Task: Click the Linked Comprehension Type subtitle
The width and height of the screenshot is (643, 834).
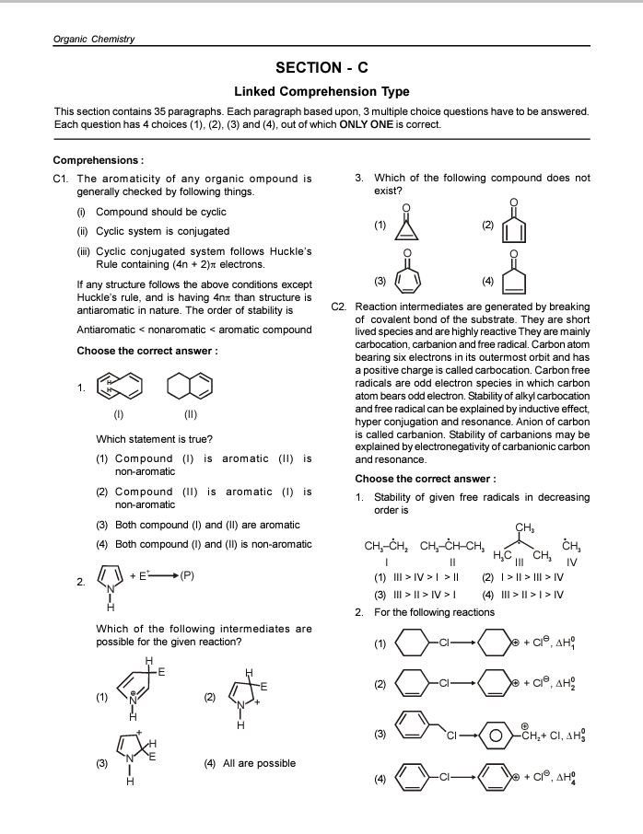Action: click(321, 92)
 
